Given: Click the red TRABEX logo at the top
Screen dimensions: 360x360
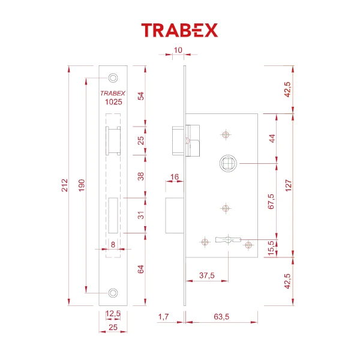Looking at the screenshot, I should [179, 30].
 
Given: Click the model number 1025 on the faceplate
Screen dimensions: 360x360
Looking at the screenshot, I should [113, 102].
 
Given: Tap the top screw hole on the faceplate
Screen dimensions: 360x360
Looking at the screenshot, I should [112, 78].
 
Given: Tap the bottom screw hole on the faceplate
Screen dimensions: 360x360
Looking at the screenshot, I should [112, 292].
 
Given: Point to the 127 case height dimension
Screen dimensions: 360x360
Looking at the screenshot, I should [289, 185].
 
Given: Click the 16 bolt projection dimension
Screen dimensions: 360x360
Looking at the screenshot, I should [175, 176].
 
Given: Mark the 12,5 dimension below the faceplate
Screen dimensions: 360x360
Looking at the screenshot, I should [113, 314].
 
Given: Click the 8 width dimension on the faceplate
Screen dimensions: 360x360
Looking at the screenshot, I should [112, 244].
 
